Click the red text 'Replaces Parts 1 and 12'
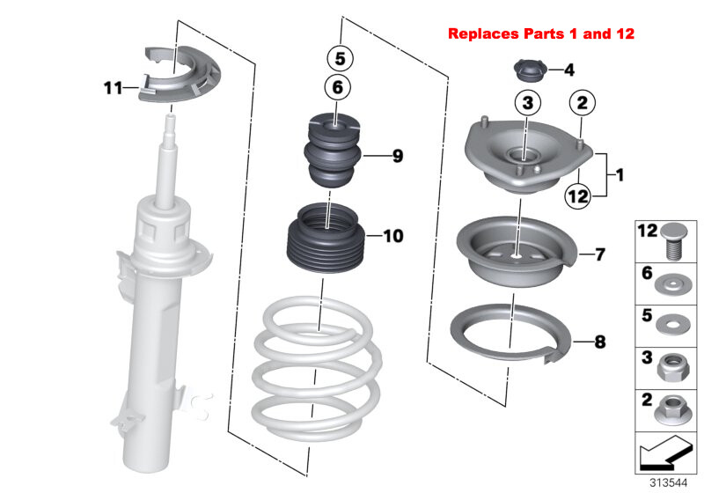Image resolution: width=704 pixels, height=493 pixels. pyautogui.click(x=540, y=34)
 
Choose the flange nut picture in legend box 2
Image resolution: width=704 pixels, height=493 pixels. pyautogui.click(x=671, y=407)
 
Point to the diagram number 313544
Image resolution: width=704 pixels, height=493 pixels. pyautogui.click(x=669, y=482)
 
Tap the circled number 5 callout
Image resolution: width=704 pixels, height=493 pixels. pyautogui.click(x=340, y=59)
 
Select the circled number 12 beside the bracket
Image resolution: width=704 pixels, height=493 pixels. pyautogui.click(x=576, y=197)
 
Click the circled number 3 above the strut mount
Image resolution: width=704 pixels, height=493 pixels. pyautogui.click(x=525, y=104)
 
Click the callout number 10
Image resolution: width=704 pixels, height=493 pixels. pyautogui.click(x=392, y=236)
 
